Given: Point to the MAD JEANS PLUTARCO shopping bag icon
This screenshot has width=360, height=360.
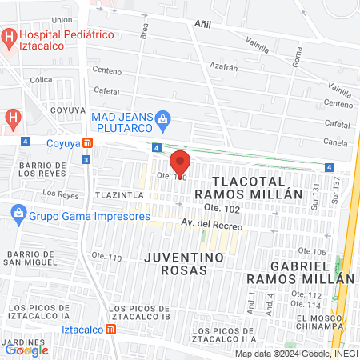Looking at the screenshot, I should (x=163, y=122).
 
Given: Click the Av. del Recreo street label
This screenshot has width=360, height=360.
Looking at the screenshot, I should (x=211, y=226).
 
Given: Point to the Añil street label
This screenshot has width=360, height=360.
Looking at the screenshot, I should (x=202, y=25).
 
